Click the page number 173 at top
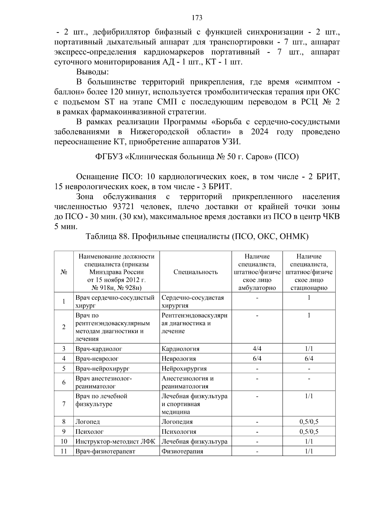pos(197,18)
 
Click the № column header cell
pos(64,272)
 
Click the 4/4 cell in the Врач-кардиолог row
pos(257,349)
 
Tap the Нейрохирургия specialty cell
pos(184,369)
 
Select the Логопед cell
pos(88,422)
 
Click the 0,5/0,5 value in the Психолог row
pos(309,432)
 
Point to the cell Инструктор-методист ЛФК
pos(115,442)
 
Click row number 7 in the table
pos(64,404)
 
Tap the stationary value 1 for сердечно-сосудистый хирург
pos(309,298)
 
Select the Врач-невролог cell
pos(97,359)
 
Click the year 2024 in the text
pos(260,132)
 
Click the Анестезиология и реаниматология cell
pos(188,382)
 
